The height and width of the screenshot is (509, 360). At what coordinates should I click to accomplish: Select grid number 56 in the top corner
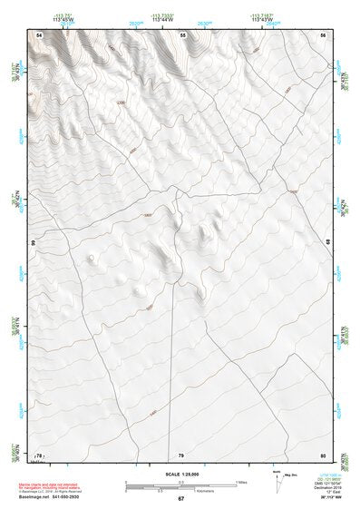coord(323,34)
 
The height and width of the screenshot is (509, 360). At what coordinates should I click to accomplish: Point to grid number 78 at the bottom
coord(39,455)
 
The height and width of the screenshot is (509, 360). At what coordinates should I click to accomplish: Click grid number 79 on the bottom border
coord(181,455)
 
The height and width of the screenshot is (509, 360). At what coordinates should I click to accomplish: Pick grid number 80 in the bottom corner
coord(323,455)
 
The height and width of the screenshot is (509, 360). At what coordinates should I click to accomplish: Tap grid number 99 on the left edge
coord(33,243)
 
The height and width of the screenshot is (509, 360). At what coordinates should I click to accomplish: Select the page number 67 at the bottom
coord(180,499)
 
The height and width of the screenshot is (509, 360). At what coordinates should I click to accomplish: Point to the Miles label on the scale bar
coord(241,481)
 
